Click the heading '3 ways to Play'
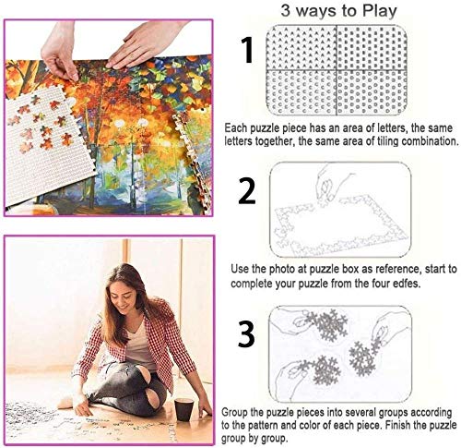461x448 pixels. tap(343, 11)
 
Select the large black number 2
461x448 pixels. tap(246, 191)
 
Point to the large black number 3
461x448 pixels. tap(246, 333)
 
